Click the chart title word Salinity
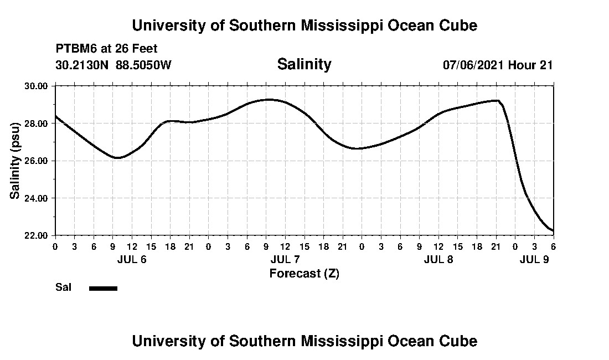point(304,64)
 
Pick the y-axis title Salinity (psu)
point(16,161)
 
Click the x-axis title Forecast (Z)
point(304,273)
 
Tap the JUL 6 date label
point(132,259)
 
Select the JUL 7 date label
point(285,259)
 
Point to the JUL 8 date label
point(438,259)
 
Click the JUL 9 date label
point(534,259)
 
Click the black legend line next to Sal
point(103,288)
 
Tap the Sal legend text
point(63,287)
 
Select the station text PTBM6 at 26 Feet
point(106,49)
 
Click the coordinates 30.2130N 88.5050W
point(113,65)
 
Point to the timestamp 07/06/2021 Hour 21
point(497,65)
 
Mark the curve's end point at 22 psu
point(553,230)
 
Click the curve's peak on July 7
point(269,100)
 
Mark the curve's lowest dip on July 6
point(117,158)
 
